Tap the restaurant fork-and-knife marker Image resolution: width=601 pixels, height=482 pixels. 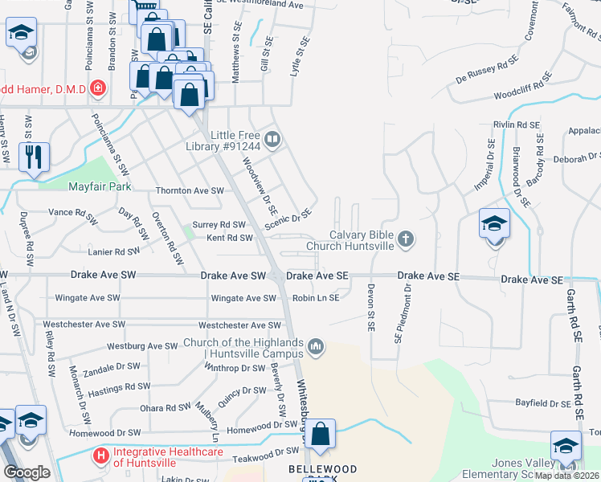click(33, 157)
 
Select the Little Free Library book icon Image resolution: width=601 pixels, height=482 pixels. click(273, 141)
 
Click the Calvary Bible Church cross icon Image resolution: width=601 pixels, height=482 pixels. click(407, 239)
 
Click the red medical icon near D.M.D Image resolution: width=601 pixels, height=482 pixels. click(98, 88)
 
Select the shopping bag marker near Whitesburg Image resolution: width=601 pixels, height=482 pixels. click(320, 434)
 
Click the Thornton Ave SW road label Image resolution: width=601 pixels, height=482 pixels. click(189, 191)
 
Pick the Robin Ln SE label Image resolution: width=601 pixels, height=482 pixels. click(316, 298)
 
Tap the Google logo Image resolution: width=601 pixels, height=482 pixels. click(27, 472)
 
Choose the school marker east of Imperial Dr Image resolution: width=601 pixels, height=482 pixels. click(494, 224)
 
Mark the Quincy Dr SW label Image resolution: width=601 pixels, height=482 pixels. click(242, 391)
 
